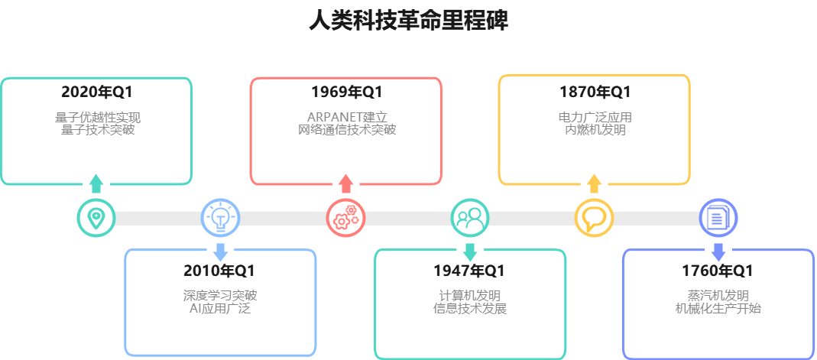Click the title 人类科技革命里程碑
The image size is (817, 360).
click(408, 21)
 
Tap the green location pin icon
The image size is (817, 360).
click(96, 218)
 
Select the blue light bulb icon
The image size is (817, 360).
click(220, 218)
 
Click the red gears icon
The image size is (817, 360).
click(345, 218)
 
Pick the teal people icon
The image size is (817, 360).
click(469, 218)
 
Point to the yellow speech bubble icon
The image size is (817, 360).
click(594, 218)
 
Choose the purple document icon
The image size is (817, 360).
click(718, 218)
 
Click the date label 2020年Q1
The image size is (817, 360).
click(97, 92)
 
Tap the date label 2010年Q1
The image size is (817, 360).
click(219, 271)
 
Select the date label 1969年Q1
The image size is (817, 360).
click(346, 92)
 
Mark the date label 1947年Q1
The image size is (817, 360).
click(469, 271)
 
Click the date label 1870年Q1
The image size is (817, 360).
click(595, 92)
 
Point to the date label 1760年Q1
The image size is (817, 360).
click(718, 271)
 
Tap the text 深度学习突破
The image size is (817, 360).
click(220, 296)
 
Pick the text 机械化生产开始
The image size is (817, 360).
click(718, 309)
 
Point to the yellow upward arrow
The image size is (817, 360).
click(594, 183)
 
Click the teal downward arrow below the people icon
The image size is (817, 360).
click(470, 251)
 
